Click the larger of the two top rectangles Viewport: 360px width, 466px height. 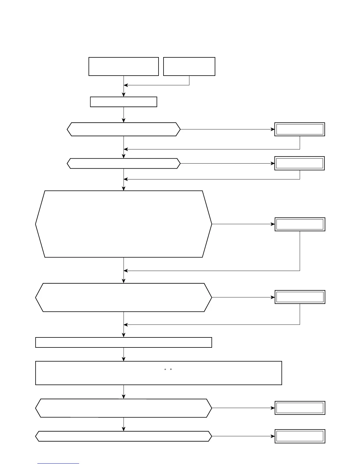[124, 66]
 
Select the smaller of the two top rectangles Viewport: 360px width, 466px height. [189, 66]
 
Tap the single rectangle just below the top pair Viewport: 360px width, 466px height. [124, 102]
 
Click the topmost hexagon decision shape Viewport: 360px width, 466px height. [124, 129]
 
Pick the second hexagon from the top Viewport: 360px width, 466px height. [124, 164]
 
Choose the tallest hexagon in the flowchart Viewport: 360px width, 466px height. [124, 224]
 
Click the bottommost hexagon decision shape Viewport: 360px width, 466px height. [124, 436]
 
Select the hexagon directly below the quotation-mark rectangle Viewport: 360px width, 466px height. [124, 408]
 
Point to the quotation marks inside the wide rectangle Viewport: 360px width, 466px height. [168, 370]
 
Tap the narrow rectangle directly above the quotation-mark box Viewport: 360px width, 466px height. [124, 342]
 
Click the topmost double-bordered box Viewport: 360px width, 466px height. [300, 129]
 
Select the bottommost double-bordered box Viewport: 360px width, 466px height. [300, 436]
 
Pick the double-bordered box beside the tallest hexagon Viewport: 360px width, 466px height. [300, 224]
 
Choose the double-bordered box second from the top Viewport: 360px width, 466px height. [300, 164]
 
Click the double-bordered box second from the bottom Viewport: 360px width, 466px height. [300, 408]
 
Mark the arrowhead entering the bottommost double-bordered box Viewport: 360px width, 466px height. [273, 436]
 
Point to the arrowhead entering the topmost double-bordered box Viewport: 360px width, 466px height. [273, 129]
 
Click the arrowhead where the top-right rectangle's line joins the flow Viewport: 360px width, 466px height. [126, 85]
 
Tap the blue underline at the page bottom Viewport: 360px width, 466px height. [58, 464]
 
